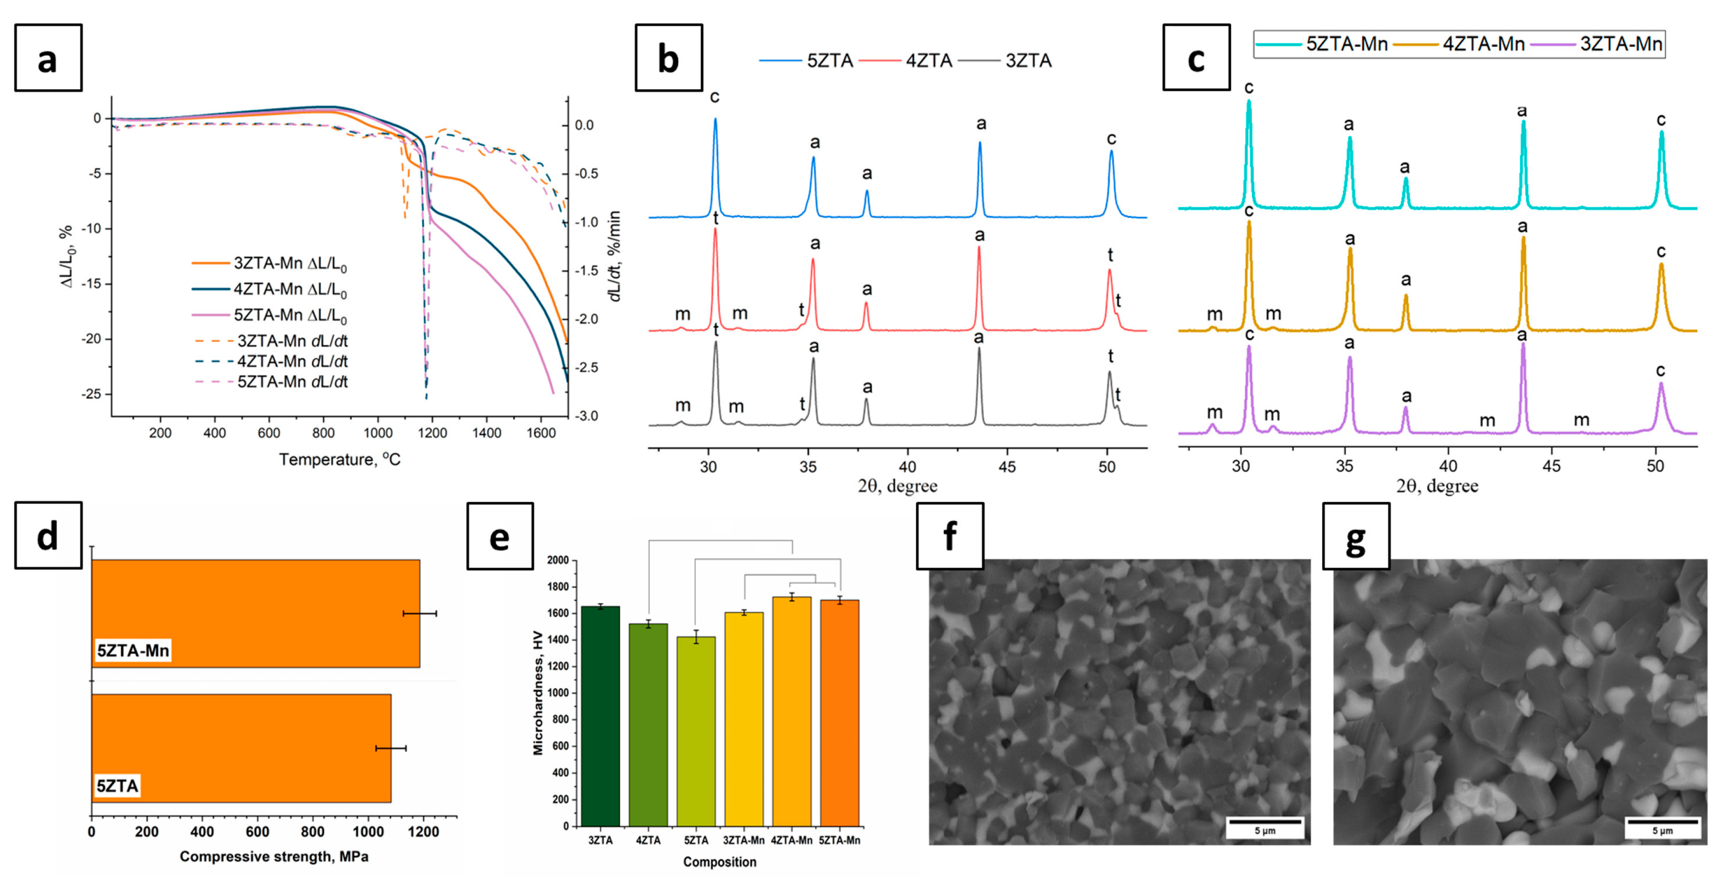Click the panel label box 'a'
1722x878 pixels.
[48, 58]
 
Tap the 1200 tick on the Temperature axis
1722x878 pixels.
[432, 433]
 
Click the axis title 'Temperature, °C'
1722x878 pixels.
[340, 459]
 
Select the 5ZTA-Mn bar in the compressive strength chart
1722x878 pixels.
[255, 613]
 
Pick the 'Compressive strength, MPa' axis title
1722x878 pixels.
[274, 857]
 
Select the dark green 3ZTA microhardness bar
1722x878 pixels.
[600, 715]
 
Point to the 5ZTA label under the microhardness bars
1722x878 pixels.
[696, 840]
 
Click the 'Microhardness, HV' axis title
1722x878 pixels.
[538, 693]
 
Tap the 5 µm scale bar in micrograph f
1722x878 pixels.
[1264, 822]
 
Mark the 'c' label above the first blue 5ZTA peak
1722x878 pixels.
[714, 97]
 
